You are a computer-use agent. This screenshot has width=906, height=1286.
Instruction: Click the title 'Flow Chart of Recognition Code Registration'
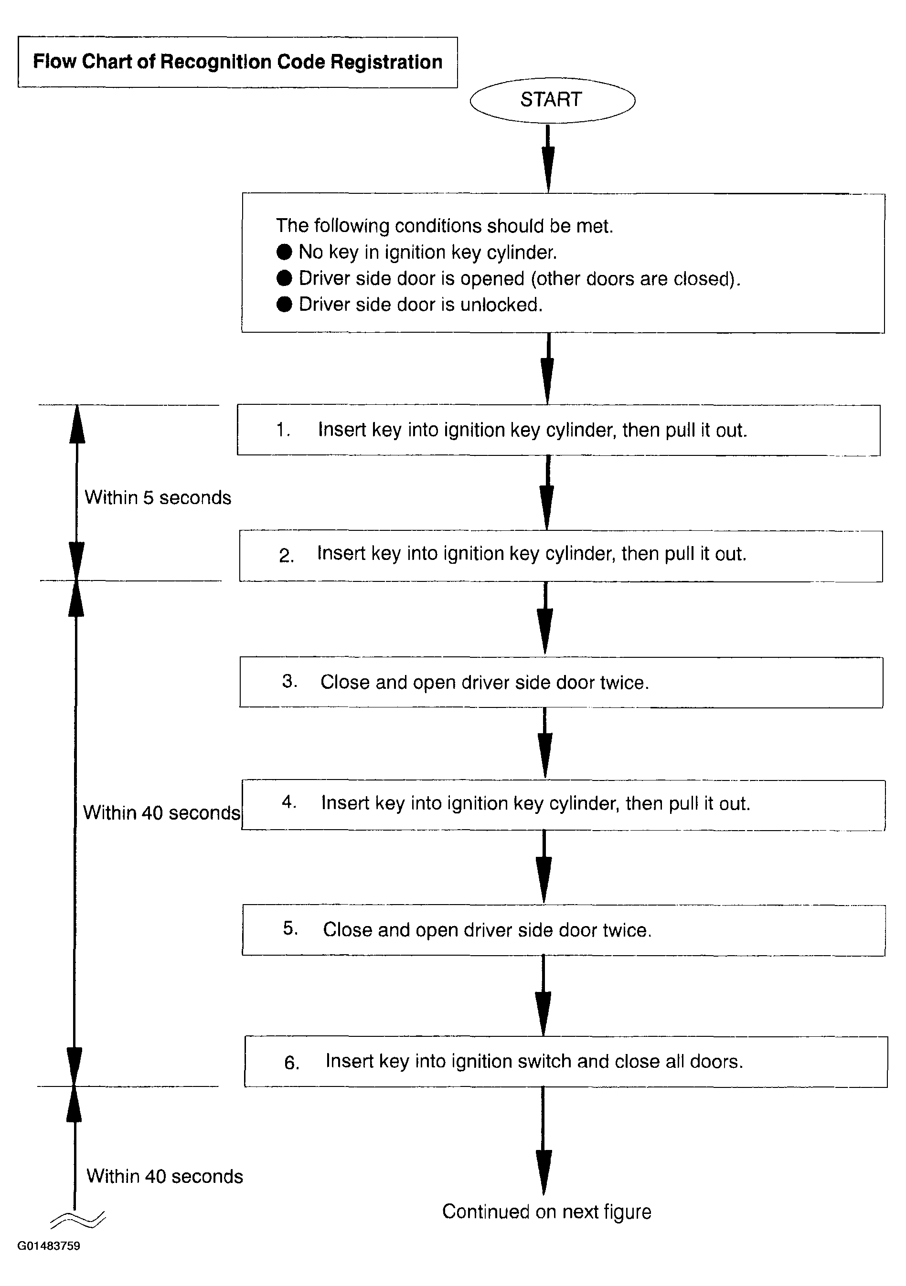(237, 62)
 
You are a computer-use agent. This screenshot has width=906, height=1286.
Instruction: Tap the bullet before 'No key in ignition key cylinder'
(285, 252)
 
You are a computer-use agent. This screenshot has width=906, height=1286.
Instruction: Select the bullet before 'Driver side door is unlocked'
(285, 304)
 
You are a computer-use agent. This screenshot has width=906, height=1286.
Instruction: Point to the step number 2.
(286, 556)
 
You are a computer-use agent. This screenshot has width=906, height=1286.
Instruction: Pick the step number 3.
(289, 681)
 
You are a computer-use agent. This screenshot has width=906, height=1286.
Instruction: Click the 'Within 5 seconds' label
(158, 497)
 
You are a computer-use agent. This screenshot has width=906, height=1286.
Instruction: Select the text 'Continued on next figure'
(546, 1212)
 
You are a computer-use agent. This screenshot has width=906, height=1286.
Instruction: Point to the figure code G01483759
(49, 1261)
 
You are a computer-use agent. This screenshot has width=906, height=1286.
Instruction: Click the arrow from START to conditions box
(548, 158)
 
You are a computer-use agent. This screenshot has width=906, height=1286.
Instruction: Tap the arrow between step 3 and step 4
(544, 743)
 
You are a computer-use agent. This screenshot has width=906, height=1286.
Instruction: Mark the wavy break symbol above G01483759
(78, 1219)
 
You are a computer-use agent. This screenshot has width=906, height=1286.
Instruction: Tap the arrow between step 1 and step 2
(547, 492)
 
